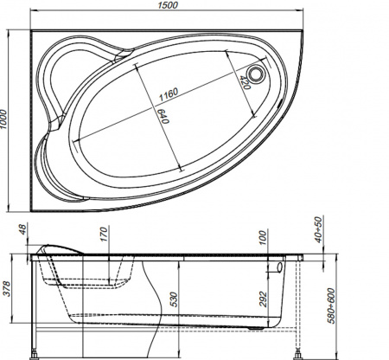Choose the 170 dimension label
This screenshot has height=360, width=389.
103,233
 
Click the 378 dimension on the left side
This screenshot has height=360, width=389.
9,288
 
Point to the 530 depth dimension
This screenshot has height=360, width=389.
174,299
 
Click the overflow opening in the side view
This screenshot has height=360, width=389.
278,269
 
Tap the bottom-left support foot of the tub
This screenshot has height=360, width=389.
35,352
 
